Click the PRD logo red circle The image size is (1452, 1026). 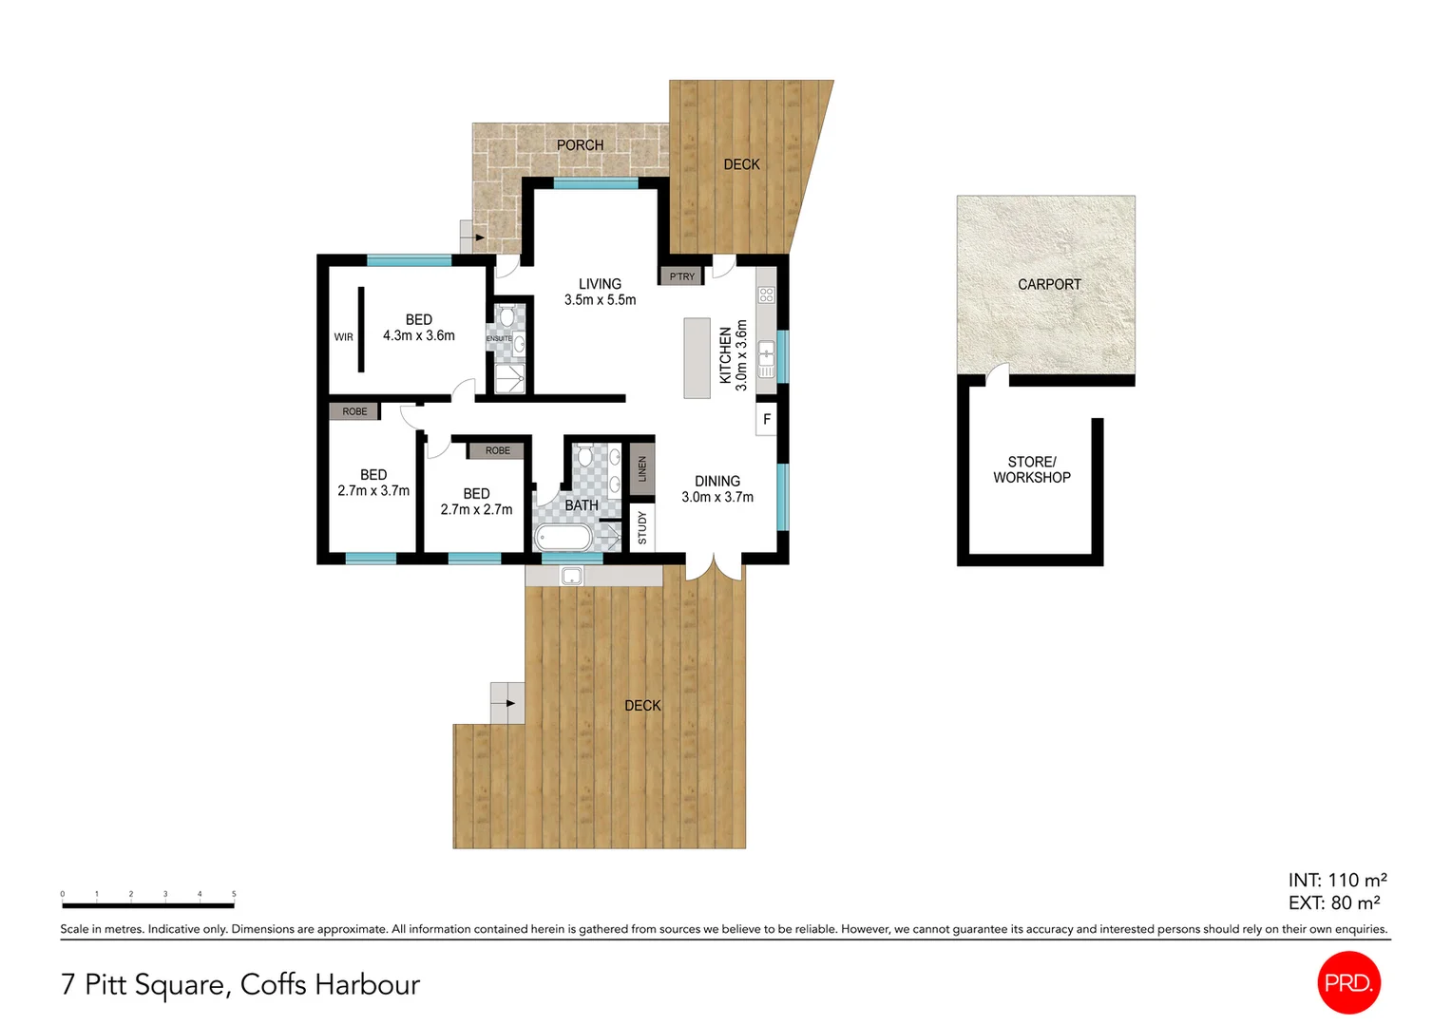click(x=1348, y=982)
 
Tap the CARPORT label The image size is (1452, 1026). click(x=1049, y=284)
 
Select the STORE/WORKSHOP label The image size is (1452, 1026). click(x=1032, y=469)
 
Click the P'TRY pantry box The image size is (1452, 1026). click(x=682, y=276)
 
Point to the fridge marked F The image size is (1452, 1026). click(x=767, y=419)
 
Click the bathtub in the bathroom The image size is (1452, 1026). click(x=564, y=539)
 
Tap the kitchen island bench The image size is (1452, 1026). click(x=697, y=357)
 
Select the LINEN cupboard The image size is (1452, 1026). click(x=642, y=468)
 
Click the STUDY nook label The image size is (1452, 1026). click(x=642, y=527)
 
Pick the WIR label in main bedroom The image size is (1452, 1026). click(x=343, y=337)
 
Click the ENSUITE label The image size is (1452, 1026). click(x=499, y=338)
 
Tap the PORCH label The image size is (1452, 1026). click(x=580, y=145)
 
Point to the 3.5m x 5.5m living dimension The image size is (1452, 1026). click(x=600, y=300)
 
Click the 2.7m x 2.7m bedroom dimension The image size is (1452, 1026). click(x=476, y=510)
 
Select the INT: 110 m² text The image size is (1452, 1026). click(x=1337, y=880)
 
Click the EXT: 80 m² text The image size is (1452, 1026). click(x=1333, y=903)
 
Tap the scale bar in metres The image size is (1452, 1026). click(x=147, y=905)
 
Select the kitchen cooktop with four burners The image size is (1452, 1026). click(x=766, y=294)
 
